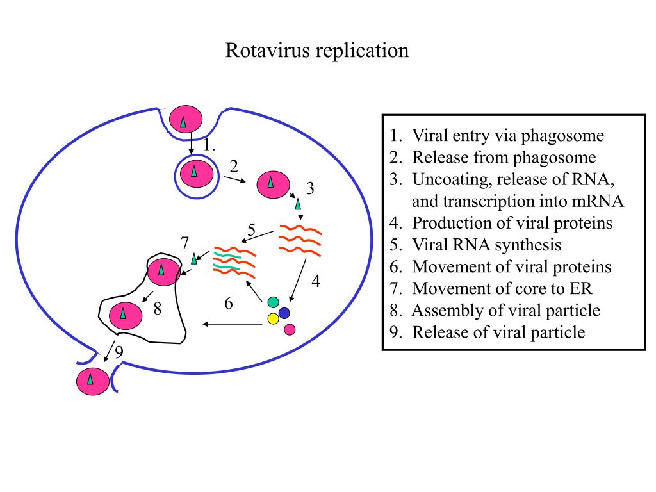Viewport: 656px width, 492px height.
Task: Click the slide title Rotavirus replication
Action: (x=316, y=51)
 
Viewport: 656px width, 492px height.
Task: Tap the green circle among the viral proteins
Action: (x=274, y=302)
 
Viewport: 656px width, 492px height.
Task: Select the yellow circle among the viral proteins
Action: (x=273, y=318)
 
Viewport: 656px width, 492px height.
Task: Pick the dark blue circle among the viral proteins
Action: (x=284, y=313)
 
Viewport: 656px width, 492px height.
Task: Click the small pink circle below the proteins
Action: (x=290, y=329)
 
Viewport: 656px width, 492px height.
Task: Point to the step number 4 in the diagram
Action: (x=316, y=281)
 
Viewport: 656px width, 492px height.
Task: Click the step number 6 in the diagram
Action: (x=229, y=304)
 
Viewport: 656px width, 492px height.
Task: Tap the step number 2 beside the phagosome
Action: (x=234, y=167)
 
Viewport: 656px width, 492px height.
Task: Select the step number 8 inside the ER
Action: (x=157, y=309)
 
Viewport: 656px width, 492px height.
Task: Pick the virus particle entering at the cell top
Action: (x=186, y=120)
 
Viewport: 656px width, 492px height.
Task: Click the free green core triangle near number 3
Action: (x=297, y=205)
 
